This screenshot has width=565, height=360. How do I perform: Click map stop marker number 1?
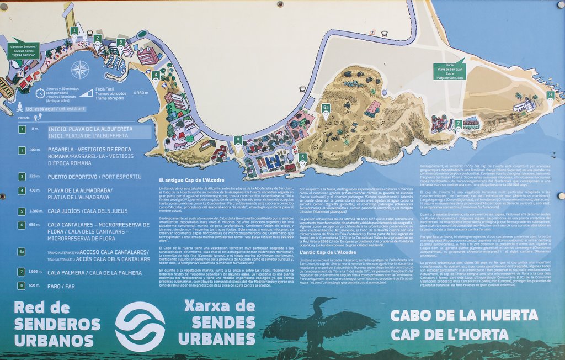[74, 31]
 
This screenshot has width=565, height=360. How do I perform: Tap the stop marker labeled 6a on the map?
[326, 109]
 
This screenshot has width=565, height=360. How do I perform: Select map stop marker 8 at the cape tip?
[550, 95]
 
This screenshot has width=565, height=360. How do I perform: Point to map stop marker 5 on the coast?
[238, 140]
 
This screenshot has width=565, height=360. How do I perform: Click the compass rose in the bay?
[80, 70]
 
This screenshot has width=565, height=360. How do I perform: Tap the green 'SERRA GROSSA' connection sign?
[24, 49]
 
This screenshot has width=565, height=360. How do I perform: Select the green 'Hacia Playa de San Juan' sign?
[449, 70]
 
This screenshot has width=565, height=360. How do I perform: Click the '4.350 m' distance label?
[141, 93]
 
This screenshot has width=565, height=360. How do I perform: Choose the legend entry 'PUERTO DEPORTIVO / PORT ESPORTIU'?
[94, 177]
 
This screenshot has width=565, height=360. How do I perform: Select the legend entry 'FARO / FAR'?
[61, 285]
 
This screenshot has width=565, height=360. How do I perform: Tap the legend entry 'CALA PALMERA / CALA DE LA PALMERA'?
[94, 272]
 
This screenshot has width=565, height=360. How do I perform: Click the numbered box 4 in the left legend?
[22, 190]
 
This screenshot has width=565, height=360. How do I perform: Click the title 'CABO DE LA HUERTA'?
[463, 315]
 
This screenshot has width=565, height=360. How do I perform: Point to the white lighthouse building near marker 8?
[524, 105]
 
